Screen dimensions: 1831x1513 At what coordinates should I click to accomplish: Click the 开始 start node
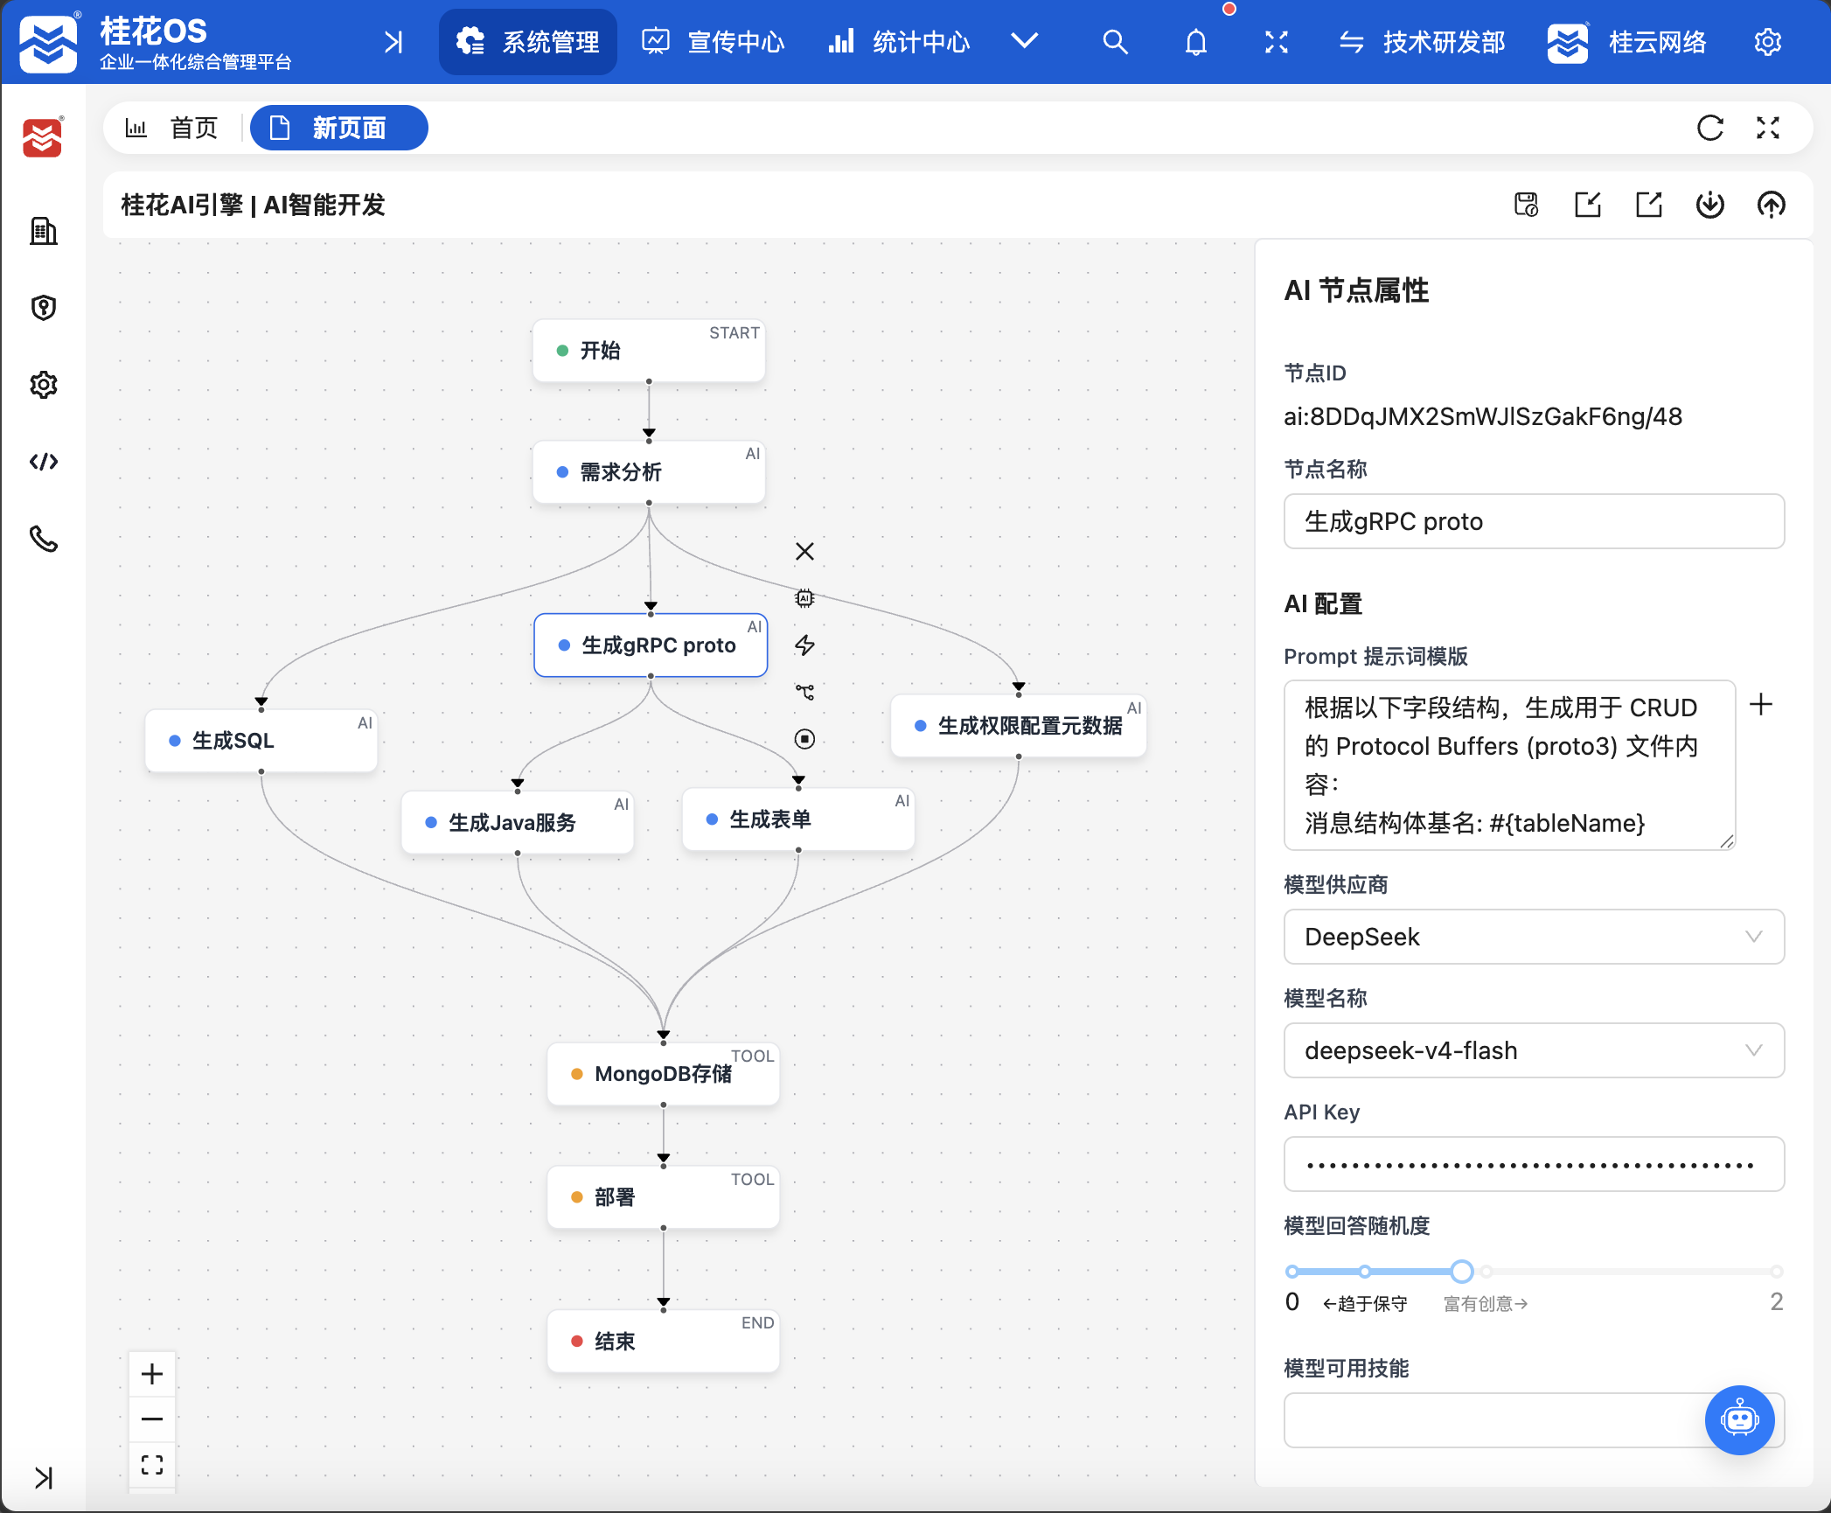point(649,351)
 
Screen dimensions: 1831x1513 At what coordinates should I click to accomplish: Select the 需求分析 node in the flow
point(649,472)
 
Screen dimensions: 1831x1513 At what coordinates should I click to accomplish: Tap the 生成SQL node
point(261,741)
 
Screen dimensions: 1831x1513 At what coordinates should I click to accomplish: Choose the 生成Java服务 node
point(518,822)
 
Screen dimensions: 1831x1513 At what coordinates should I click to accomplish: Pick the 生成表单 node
point(798,819)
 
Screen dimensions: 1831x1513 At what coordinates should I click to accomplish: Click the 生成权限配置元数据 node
point(1019,726)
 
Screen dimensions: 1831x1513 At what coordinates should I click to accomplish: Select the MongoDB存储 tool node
point(664,1074)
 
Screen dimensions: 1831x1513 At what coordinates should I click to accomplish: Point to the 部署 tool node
point(664,1197)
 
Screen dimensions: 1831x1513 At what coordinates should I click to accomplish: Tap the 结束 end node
point(664,1342)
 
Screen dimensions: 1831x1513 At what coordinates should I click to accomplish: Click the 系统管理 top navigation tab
point(528,42)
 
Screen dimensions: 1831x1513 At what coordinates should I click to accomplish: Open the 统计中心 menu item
point(900,42)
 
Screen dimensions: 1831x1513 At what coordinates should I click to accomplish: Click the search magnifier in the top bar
point(1115,42)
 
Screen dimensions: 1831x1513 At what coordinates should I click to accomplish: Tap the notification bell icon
point(1196,42)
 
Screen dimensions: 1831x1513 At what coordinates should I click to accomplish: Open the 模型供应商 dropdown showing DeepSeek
point(1534,937)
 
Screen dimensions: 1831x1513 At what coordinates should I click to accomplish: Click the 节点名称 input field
point(1534,521)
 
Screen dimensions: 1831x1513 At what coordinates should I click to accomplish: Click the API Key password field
point(1534,1164)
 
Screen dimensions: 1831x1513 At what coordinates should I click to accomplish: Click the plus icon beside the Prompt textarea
point(1761,705)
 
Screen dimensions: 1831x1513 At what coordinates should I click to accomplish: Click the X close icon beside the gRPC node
point(805,551)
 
